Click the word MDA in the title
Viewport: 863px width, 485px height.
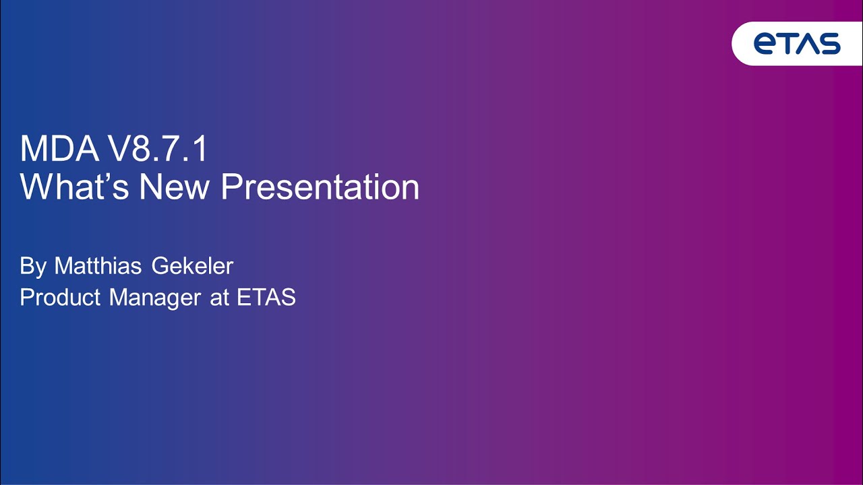pos(59,149)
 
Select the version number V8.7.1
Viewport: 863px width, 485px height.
pos(158,149)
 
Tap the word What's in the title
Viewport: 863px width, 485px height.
pos(74,187)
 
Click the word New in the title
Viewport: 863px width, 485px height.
pos(174,187)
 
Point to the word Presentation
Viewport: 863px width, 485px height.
pos(320,187)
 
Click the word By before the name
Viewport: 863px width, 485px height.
pos(33,266)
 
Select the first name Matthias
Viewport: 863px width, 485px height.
pos(98,265)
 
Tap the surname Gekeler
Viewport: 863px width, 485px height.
pos(192,265)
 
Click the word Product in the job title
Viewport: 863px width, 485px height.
pos(60,297)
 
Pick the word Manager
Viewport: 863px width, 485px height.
pos(155,298)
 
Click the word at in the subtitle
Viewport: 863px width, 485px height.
pos(220,298)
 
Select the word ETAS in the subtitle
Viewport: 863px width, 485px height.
pos(266,297)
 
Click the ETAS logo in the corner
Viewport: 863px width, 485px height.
pos(797,44)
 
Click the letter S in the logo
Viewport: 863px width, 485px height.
pos(829,44)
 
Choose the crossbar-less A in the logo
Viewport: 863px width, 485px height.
pos(808,44)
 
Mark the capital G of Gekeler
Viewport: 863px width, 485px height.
pos(160,265)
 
